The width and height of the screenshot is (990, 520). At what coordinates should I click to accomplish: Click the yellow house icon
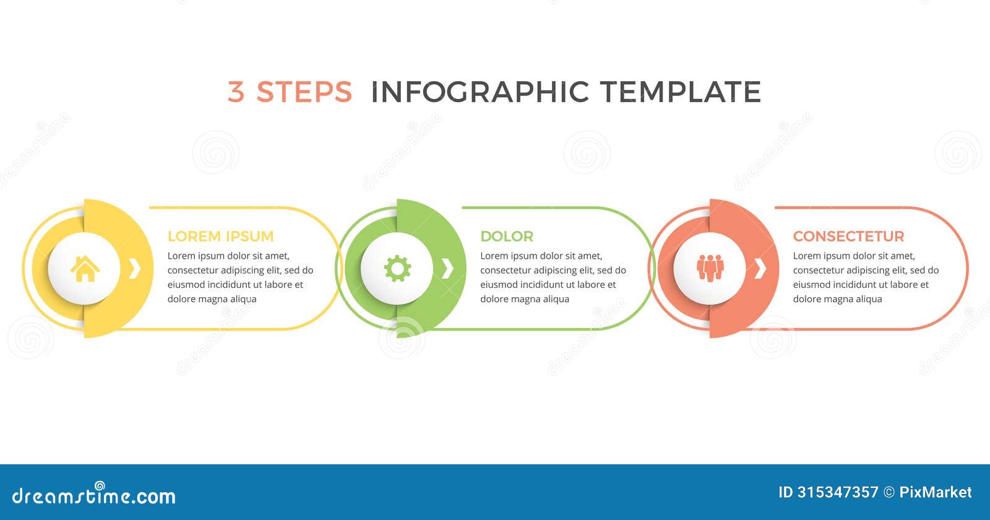coord(85,269)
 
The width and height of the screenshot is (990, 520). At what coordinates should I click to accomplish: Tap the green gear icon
coord(397,269)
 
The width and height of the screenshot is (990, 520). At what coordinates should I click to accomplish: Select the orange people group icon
coord(710,268)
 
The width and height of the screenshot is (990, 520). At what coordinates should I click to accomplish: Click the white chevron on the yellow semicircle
coord(135,269)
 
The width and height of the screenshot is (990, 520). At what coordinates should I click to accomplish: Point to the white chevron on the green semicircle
coord(448,269)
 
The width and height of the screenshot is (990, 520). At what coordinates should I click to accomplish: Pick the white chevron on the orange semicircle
coord(760,269)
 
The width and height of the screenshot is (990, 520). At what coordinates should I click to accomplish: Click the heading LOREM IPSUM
coord(220,236)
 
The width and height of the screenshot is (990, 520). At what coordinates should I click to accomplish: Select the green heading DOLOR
coord(506,236)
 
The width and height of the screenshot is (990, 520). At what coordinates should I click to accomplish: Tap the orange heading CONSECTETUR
coord(848,236)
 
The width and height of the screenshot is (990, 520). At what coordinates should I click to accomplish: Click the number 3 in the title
coord(236,92)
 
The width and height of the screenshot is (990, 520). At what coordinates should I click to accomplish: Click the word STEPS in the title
coord(304,92)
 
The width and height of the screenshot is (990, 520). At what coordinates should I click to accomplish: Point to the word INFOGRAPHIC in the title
coord(480,92)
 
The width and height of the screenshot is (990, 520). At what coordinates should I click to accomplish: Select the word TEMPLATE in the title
coord(680,92)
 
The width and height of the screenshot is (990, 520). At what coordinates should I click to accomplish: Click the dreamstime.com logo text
coord(94,496)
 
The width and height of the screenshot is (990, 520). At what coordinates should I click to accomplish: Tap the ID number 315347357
coord(837,492)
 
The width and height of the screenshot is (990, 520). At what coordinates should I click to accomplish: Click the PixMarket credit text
coord(935,492)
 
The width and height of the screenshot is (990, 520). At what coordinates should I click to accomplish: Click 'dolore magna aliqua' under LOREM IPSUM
coord(212,299)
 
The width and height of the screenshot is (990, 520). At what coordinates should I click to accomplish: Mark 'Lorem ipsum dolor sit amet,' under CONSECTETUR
coord(854,256)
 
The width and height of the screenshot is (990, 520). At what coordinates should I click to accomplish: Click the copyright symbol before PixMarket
coord(889,493)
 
